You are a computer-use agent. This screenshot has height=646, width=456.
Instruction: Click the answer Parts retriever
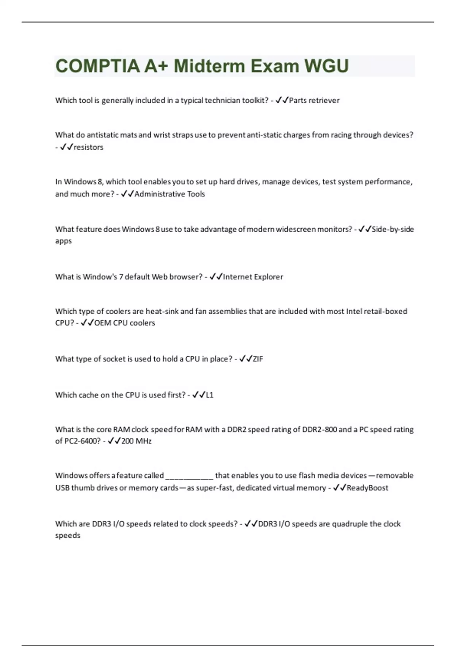(x=314, y=100)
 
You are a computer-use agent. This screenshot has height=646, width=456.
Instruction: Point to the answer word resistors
(x=89, y=147)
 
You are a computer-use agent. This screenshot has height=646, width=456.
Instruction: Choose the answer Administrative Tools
(x=169, y=194)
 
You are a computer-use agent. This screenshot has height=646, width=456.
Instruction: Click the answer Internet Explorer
(x=253, y=277)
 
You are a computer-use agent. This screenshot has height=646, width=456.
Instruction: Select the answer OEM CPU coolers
(x=125, y=323)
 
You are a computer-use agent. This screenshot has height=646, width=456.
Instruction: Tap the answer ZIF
(x=258, y=359)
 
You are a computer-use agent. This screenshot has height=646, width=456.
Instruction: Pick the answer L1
(x=209, y=395)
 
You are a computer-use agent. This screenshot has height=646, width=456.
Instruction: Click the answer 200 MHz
(x=136, y=441)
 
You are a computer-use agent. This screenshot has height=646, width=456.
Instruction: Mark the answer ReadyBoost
(x=367, y=488)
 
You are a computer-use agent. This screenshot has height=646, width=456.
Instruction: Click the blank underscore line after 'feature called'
(x=189, y=476)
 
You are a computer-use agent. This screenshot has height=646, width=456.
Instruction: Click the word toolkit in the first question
(x=255, y=100)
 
